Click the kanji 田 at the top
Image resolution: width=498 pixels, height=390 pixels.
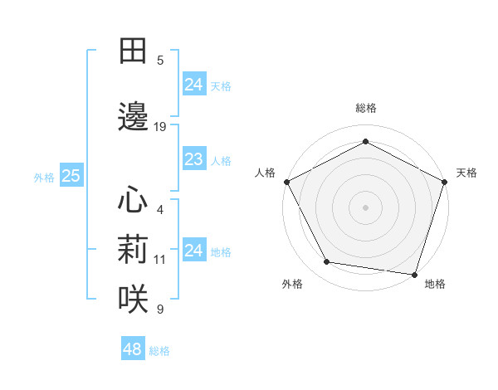pos(133,52)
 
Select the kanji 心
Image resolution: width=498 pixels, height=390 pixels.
pos(133,200)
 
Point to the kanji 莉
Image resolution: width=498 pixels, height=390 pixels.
pos(133,248)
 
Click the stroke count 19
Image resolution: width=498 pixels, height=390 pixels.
pos(160,127)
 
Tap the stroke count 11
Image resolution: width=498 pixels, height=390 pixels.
pos(160,259)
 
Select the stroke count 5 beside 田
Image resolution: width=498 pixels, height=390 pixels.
pos(160,61)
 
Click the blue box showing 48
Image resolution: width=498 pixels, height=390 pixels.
pos(133,349)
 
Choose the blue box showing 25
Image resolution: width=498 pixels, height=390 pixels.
pos(71,176)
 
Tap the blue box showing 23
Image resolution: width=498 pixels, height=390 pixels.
pos(194,159)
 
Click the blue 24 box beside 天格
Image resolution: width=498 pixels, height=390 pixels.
pos(194,85)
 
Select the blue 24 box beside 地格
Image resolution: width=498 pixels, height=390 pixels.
pos(194,251)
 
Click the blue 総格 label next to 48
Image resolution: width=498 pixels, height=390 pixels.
pos(159,351)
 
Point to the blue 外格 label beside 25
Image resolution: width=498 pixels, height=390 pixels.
pos(44,177)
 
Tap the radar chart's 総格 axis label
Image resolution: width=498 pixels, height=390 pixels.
pos(365,108)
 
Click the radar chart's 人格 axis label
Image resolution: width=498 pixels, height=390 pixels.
pos(266,173)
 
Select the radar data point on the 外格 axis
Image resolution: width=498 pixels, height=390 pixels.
pos(327,262)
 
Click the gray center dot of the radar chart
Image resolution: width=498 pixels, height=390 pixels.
pos(365,207)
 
